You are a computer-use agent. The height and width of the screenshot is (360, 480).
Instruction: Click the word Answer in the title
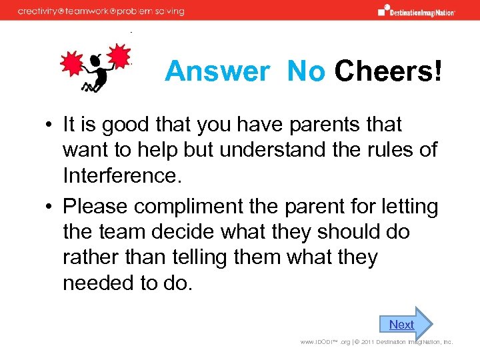point(217,71)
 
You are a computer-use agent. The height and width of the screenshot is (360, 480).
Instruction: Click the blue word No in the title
point(305,71)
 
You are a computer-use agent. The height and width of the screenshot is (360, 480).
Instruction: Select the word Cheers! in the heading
point(388,71)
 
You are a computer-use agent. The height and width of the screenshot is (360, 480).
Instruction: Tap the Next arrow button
point(404,325)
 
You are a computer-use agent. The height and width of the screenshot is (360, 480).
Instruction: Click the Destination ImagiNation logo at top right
point(416,10)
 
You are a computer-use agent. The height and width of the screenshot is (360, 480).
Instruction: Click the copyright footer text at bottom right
point(377,342)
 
